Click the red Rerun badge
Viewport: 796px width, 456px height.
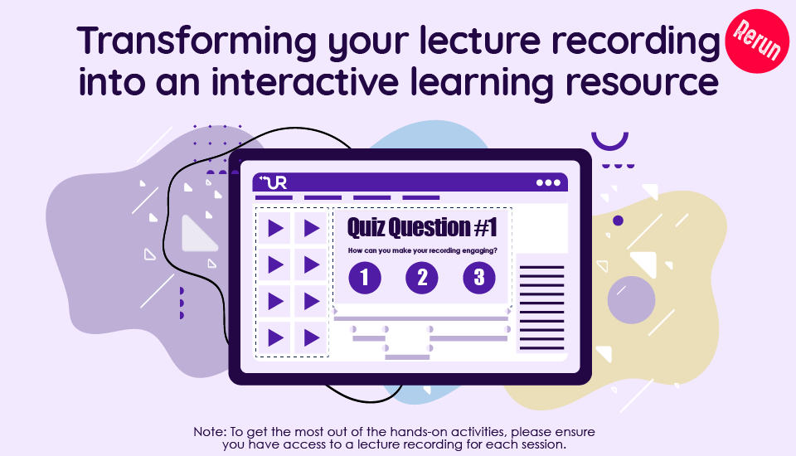(757, 41)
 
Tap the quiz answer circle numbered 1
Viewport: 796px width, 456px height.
(365, 278)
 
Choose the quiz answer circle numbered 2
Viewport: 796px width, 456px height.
(422, 278)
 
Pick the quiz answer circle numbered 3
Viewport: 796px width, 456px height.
(479, 278)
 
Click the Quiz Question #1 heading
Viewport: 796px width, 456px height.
(422, 227)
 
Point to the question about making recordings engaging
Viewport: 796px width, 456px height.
(422, 250)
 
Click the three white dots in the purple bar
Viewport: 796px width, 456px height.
(548, 182)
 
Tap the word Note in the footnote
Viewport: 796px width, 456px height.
(210, 432)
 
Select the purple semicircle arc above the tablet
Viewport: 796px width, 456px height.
(609, 145)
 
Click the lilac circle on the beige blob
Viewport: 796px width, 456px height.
(631, 300)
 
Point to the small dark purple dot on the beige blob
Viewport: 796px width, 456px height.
(618, 221)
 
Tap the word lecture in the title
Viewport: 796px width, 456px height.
(480, 41)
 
